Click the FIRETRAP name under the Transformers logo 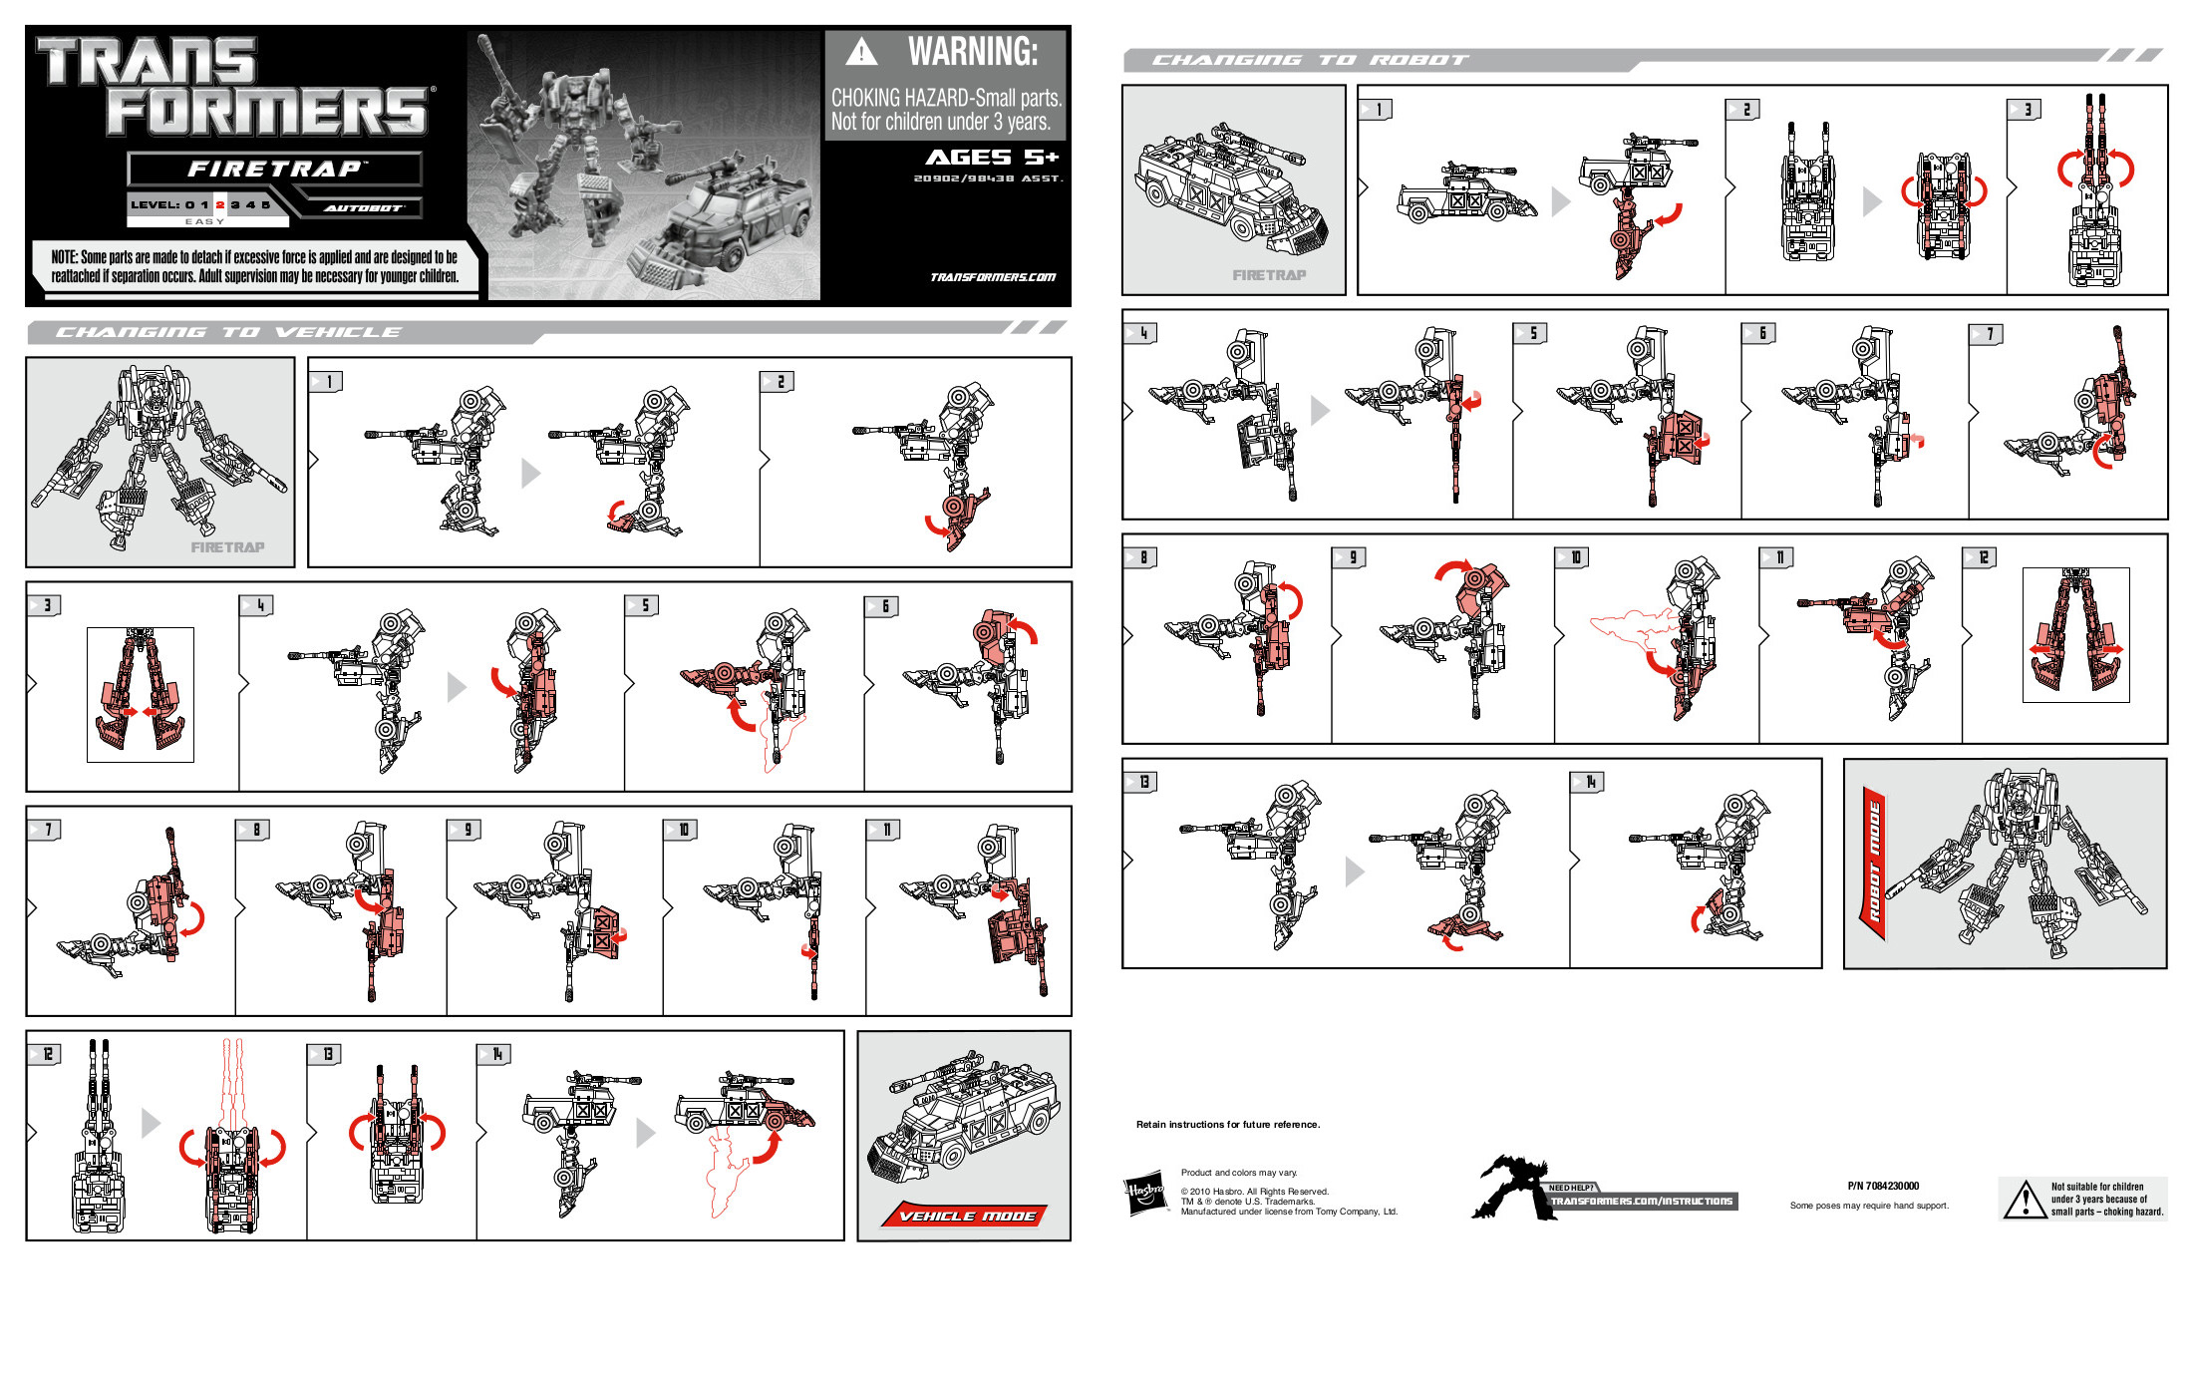pyautogui.click(x=274, y=169)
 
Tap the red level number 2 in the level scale pyautogui.click(x=220, y=204)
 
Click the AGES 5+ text pyautogui.click(x=992, y=158)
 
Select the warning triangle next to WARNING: pyautogui.click(x=861, y=52)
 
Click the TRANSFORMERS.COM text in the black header pyautogui.click(x=992, y=277)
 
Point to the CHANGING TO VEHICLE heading pyautogui.click(x=229, y=332)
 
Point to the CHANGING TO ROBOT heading pyautogui.click(x=1310, y=60)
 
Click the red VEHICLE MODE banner pyautogui.click(x=966, y=1216)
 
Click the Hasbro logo pyautogui.click(x=1144, y=1192)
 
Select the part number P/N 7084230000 pyautogui.click(x=1883, y=1186)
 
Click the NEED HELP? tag pyautogui.click(x=1571, y=1188)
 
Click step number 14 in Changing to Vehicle pyautogui.click(x=495, y=1054)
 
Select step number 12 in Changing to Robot pyautogui.click(x=1982, y=557)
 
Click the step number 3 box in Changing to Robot pyautogui.click(x=2025, y=110)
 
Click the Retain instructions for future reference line pyautogui.click(x=1228, y=1125)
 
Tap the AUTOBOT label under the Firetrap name pyautogui.click(x=363, y=208)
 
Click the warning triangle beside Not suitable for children pyautogui.click(x=2025, y=1200)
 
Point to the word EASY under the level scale pyautogui.click(x=204, y=221)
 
